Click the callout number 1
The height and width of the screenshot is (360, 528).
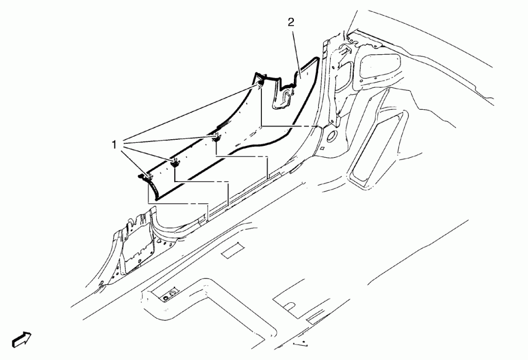pos(114,145)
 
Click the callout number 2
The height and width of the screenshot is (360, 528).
pos(291,22)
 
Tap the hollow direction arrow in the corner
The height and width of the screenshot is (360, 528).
pos(22,339)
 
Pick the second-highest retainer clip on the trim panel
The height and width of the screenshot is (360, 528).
pos(216,137)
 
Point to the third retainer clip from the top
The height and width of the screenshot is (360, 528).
pos(175,163)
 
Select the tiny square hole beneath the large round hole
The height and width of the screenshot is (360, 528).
pos(322,148)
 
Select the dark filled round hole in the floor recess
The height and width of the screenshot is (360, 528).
pos(166,299)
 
